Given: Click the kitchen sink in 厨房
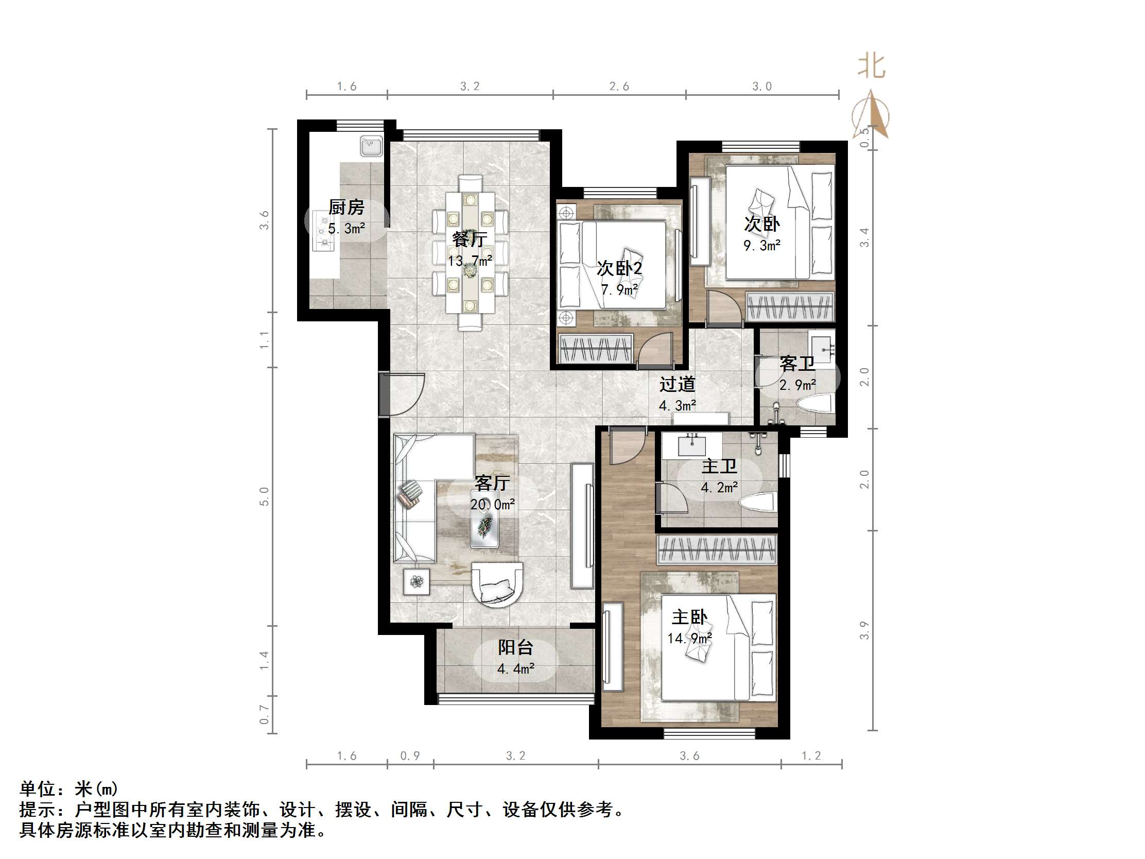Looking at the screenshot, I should coord(371,146).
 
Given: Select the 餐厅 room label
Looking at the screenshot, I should coord(469,239).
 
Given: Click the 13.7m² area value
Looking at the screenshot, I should coord(470,261).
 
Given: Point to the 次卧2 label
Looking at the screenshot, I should coord(619,268).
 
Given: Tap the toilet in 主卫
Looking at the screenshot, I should coord(758,503).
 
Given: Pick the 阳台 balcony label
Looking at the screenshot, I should coord(515,647).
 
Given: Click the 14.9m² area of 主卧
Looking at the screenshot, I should coord(689,638).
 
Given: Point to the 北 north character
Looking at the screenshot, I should coord(872,67).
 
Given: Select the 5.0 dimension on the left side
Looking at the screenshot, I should coord(265,496).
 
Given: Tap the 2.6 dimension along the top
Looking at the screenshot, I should coord(619,87).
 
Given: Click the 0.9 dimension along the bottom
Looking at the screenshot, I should coord(410,756).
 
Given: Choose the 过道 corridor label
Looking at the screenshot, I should coord(677,384).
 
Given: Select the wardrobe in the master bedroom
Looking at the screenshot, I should coord(717,549).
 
